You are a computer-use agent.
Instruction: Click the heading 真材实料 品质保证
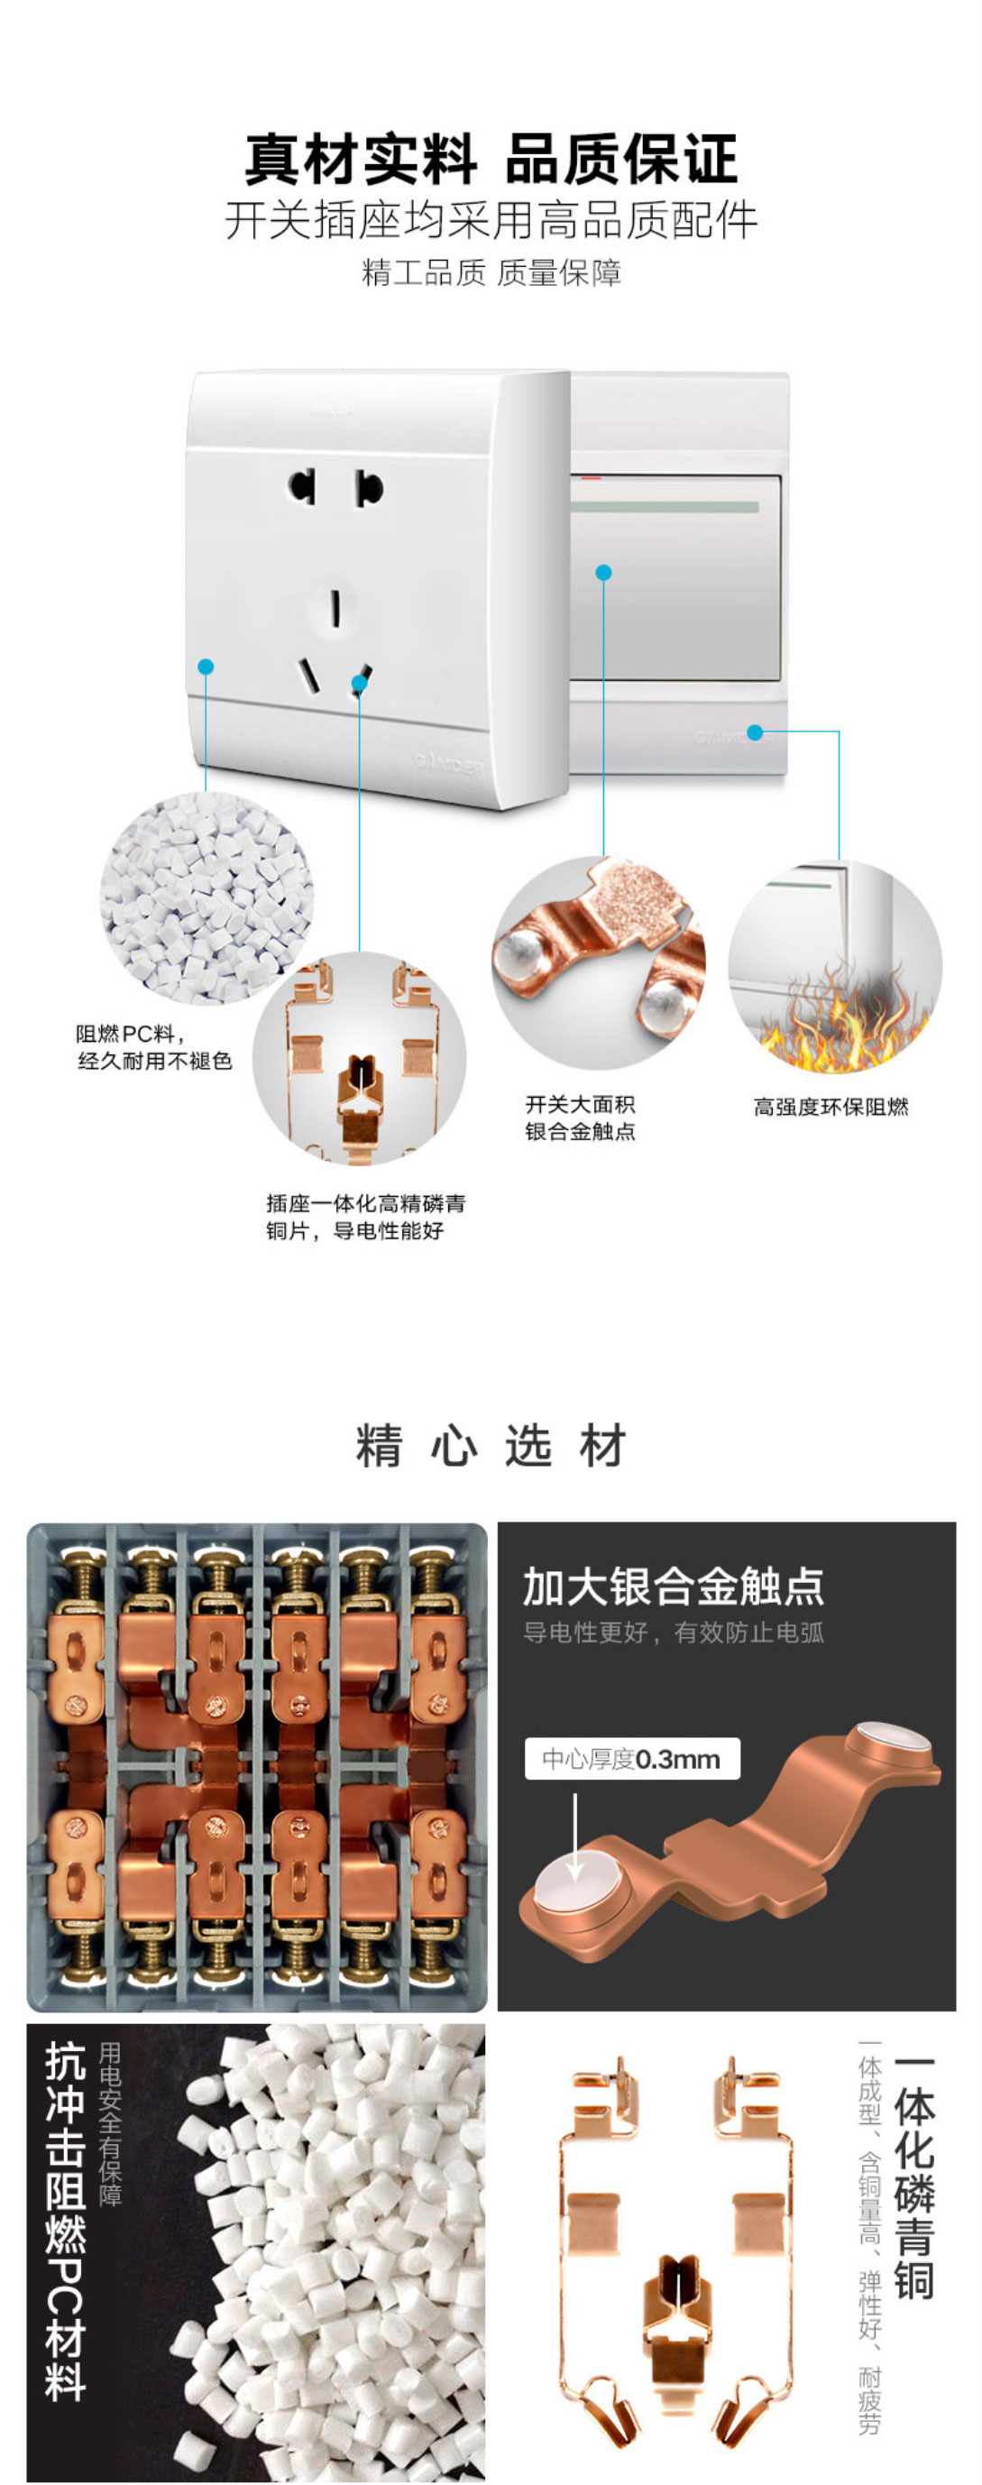pyautogui.click(x=491, y=159)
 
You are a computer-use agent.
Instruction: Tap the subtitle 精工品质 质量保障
pyautogui.click(x=491, y=273)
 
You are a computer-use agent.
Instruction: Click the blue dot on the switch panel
pyautogui.click(x=604, y=573)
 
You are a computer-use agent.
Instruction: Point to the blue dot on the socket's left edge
pyautogui.click(x=206, y=667)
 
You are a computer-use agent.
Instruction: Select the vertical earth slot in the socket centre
pyautogui.click(x=335, y=610)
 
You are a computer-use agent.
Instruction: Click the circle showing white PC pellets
pyautogui.click(x=206, y=898)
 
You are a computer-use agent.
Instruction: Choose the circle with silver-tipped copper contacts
pyautogui.click(x=599, y=962)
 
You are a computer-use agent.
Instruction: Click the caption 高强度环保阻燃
pyautogui.click(x=831, y=1107)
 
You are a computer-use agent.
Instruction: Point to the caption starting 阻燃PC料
pyautogui.click(x=154, y=1047)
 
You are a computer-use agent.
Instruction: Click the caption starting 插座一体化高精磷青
pyautogui.click(x=365, y=1217)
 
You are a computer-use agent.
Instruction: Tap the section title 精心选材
pyautogui.click(x=491, y=1446)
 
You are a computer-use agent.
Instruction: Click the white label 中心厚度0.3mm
pyautogui.click(x=633, y=1759)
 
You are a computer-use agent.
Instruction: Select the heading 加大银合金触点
pyautogui.click(x=674, y=1587)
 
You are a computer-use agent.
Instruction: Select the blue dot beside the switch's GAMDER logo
pyautogui.click(x=756, y=733)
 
